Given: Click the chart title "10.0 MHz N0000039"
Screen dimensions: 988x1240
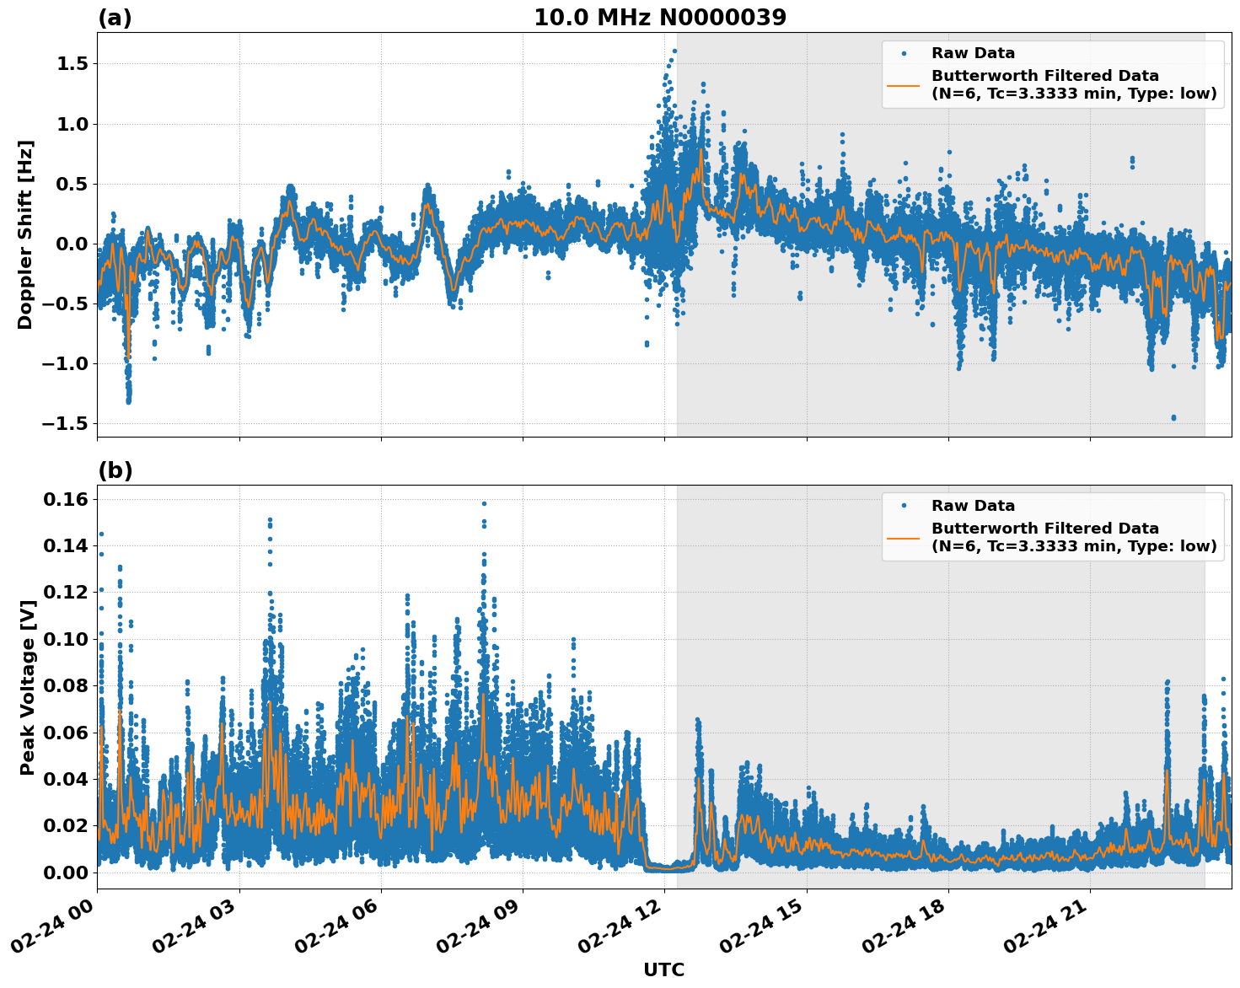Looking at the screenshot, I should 659,18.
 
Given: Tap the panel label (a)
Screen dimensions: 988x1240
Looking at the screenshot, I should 115,18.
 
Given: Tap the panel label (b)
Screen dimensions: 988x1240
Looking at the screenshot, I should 115,470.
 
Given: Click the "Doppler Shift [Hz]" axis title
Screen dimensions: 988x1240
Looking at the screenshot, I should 26,234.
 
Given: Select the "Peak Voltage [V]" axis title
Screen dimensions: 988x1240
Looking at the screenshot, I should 28,687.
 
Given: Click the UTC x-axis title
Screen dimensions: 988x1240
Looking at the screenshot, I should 663,969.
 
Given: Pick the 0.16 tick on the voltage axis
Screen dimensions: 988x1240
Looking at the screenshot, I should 65,500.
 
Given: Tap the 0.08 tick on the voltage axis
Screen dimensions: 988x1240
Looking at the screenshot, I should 65,686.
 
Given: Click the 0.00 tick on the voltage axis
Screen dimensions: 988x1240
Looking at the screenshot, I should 65,873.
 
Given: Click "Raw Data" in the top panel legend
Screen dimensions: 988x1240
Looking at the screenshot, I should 973,53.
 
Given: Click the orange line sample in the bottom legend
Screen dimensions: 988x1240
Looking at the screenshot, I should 903,537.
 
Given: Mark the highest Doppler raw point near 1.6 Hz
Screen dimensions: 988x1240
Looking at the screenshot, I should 674,51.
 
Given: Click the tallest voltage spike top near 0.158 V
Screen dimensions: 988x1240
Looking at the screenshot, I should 484,503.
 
